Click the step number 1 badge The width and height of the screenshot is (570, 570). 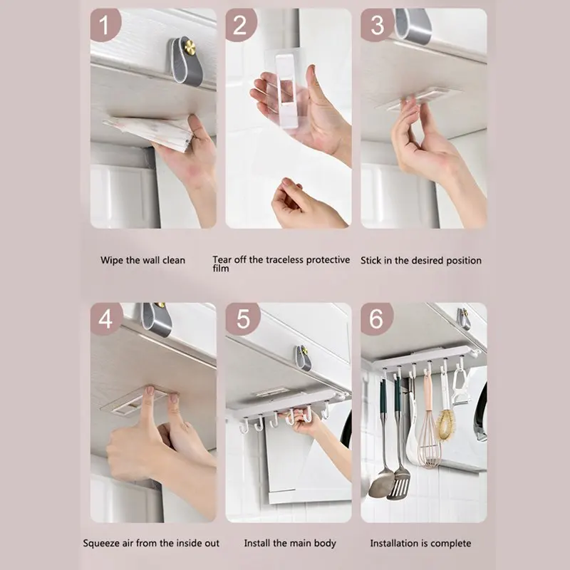click(x=105, y=25)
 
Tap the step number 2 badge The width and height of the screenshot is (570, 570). click(x=241, y=25)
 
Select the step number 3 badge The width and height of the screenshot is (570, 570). click(x=377, y=25)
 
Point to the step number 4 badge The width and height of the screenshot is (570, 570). click(x=106, y=318)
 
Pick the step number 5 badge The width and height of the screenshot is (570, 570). click(x=242, y=318)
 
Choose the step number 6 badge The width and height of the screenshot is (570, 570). click(x=377, y=318)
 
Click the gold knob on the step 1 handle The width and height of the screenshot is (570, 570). click(x=190, y=47)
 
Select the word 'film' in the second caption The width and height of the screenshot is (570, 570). click(x=221, y=269)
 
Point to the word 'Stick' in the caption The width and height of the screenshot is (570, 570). click(x=370, y=261)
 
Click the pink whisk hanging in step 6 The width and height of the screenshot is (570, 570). click(x=429, y=429)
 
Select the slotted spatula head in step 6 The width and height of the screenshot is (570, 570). click(x=399, y=484)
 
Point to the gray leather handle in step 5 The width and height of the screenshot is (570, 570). click(x=302, y=358)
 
